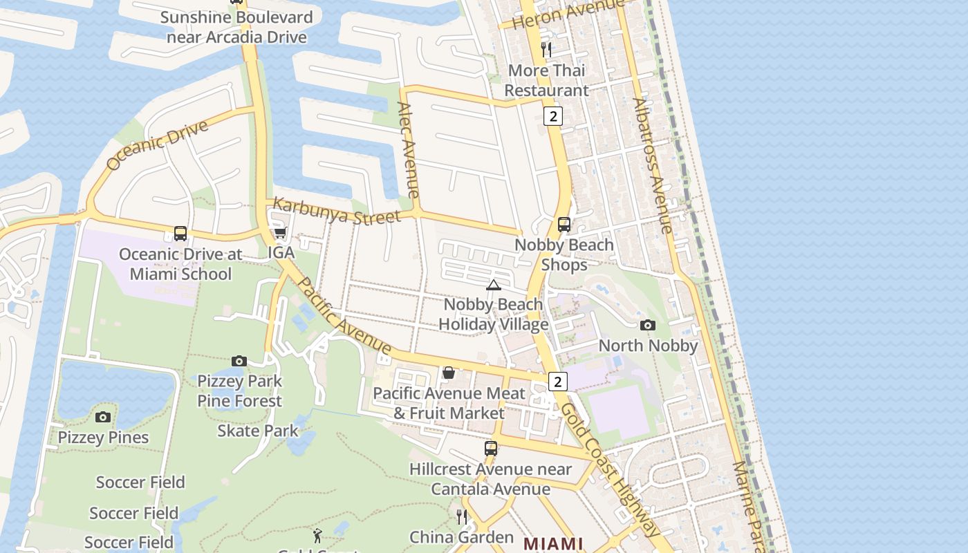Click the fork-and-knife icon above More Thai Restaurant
pos(546,49)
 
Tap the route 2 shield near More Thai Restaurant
pos(552,116)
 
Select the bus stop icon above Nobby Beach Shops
pos(564,225)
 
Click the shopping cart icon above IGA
pos(281,232)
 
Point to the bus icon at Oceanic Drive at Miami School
pos(180,234)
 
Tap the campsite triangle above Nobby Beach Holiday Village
pos(493,285)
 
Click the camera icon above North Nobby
pos(648,325)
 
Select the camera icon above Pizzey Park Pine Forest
pos(239,361)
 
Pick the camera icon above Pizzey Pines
pos(103,417)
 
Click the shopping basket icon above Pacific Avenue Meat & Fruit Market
pos(449,373)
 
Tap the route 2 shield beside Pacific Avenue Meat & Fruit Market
pos(558,382)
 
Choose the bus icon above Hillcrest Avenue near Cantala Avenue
pos(491,449)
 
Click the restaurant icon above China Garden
pos(462,516)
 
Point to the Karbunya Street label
pos(337,212)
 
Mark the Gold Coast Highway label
pos(610,468)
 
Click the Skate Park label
pos(258,431)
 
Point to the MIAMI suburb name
pos(553,543)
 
